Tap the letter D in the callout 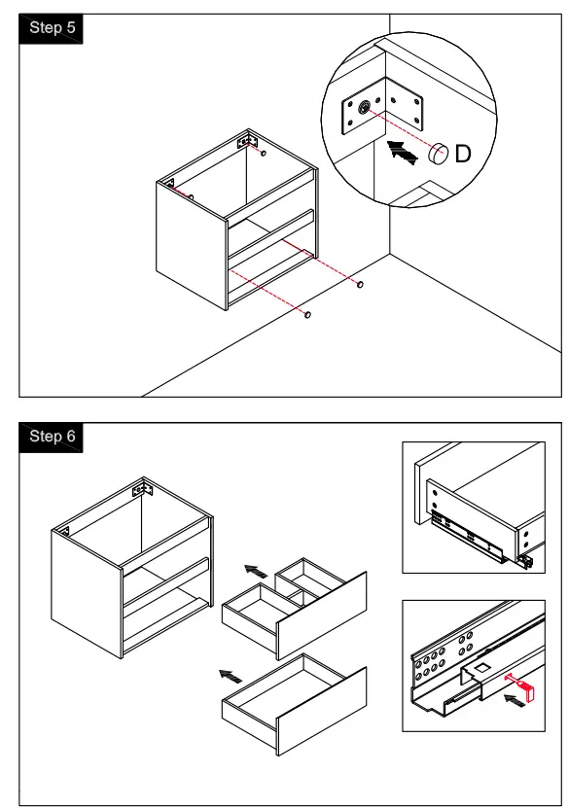click(463, 154)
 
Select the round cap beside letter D click(438, 154)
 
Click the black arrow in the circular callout click(402, 152)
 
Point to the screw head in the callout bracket click(365, 108)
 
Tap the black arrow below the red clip click(515, 700)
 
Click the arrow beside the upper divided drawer click(256, 571)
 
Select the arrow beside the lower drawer click(231, 676)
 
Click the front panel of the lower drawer click(322, 711)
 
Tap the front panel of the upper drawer click(322, 615)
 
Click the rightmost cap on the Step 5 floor click(360, 284)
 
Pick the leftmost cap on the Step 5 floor click(307, 314)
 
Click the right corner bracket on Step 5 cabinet click(247, 141)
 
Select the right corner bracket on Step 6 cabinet click(143, 488)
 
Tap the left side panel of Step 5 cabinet click(192, 246)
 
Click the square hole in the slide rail click(481, 668)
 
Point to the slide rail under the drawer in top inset click(467, 539)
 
